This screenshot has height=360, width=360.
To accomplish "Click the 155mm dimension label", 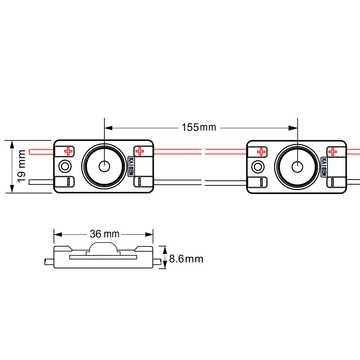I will pos(199,127).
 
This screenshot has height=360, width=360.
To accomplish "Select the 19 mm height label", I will pos(22,166).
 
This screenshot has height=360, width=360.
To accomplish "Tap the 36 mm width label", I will pos(104,234).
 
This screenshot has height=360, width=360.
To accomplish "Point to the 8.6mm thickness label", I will pos(186,259).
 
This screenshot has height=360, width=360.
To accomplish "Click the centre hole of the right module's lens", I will pos(297,167).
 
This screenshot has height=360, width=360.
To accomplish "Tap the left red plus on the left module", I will pos(68,151).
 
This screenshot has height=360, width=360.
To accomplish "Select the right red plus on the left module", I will pos(139,151).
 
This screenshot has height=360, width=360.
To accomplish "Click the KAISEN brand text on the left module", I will pos(131,166).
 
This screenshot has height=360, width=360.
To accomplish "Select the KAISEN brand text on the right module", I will pos(324,167).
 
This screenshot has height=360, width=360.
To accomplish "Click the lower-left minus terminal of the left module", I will pos(68,182).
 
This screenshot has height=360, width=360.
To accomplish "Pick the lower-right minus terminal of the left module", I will pos(139,182).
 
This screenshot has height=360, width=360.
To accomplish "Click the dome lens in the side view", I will pos(103,247).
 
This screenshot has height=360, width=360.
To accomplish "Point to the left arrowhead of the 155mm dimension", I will pos(108,128).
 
